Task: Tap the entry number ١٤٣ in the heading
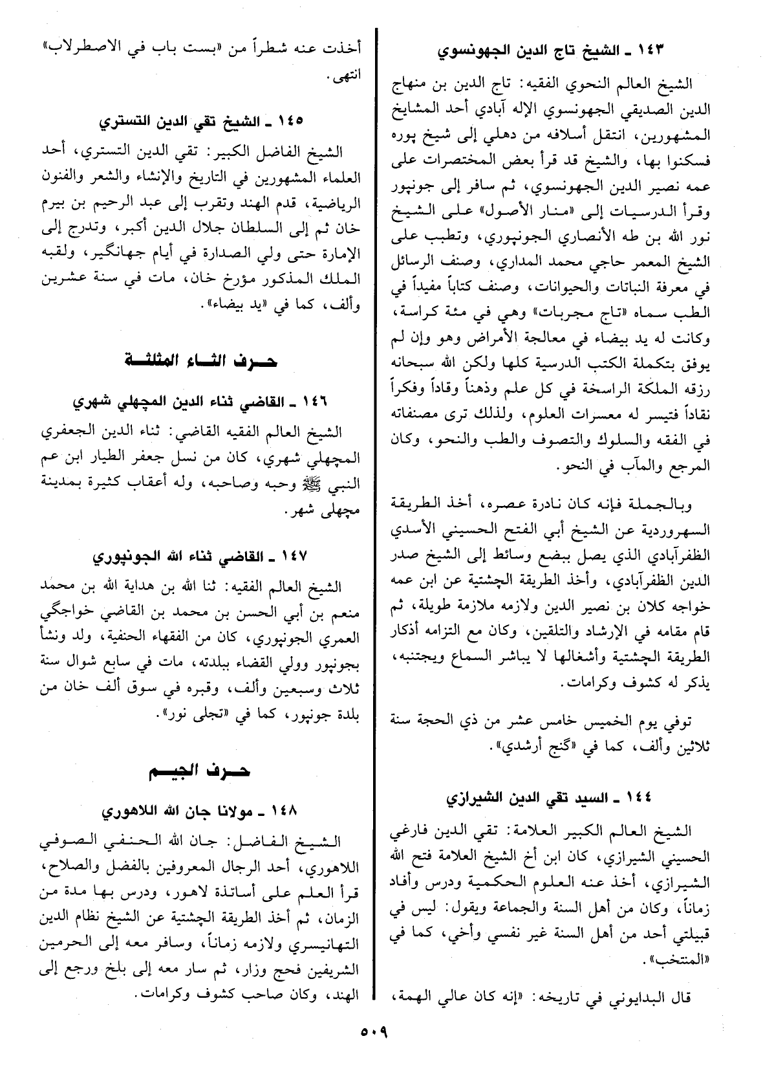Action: [x=644, y=50]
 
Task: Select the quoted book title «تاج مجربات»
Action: [x=578, y=314]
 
